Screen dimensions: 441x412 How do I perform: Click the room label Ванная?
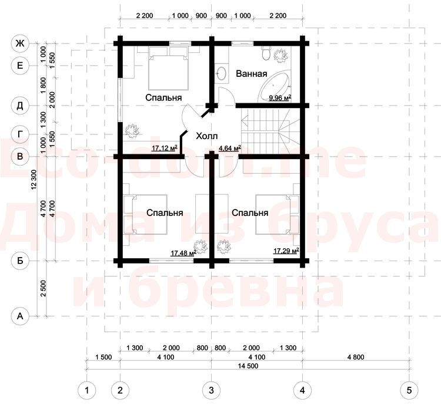(x=251, y=74)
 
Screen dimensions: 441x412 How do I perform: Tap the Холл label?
(x=206, y=136)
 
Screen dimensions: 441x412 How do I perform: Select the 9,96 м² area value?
(x=280, y=98)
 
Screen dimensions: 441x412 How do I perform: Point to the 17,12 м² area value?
(x=164, y=148)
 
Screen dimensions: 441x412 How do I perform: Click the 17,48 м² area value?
(x=183, y=253)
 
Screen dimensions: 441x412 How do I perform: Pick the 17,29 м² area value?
(x=286, y=251)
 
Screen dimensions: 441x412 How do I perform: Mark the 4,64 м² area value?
(x=230, y=148)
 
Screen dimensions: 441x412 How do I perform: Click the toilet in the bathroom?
(x=266, y=53)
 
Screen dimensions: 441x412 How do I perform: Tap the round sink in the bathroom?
(x=222, y=73)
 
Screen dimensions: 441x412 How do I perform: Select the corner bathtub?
(x=275, y=87)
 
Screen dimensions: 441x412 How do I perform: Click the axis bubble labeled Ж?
(x=20, y=43)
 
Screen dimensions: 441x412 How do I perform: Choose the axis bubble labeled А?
(x=20, y=316)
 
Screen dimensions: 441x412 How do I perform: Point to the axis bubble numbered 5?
(x=409, y=390)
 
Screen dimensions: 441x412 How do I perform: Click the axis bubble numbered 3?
(x=211, y=390)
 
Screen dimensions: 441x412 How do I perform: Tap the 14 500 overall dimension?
(x=248, y=366)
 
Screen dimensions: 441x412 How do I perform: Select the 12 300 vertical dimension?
(x=34, y=180)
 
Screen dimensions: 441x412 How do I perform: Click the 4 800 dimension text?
(x=356, y=357)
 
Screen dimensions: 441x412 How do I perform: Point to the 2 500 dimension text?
(x=43, y=288)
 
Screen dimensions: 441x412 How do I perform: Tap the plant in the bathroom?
(x=280, y=55)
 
